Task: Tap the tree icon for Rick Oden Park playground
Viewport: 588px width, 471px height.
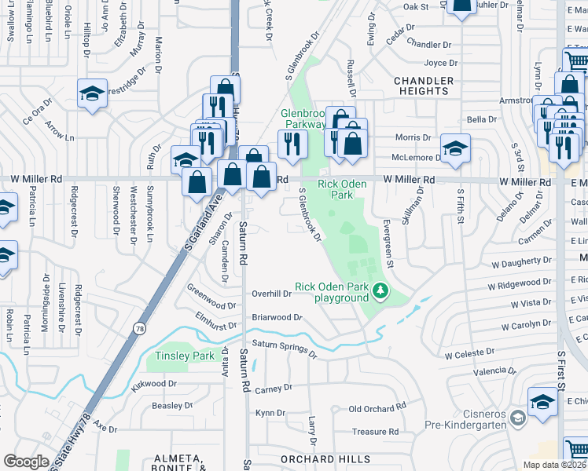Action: pos(381,292)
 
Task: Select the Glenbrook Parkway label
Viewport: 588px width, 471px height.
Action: pos(303,119)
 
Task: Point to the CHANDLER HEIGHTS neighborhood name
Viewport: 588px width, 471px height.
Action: pos(423,86)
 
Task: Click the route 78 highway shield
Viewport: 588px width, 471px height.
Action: pos(139,328)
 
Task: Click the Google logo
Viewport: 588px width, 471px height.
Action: pos(26,462)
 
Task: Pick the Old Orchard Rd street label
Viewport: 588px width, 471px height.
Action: pos(377,408)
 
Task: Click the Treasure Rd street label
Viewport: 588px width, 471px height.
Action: pos(375,432)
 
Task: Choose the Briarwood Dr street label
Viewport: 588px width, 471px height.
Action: pos(277,318)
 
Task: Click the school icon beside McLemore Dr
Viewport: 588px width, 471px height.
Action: pos(455,147)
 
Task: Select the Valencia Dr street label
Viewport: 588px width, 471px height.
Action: pos(489,371)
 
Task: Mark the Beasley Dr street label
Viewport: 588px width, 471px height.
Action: pos(172,405)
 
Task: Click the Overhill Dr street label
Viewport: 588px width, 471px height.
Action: pos(272,294)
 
